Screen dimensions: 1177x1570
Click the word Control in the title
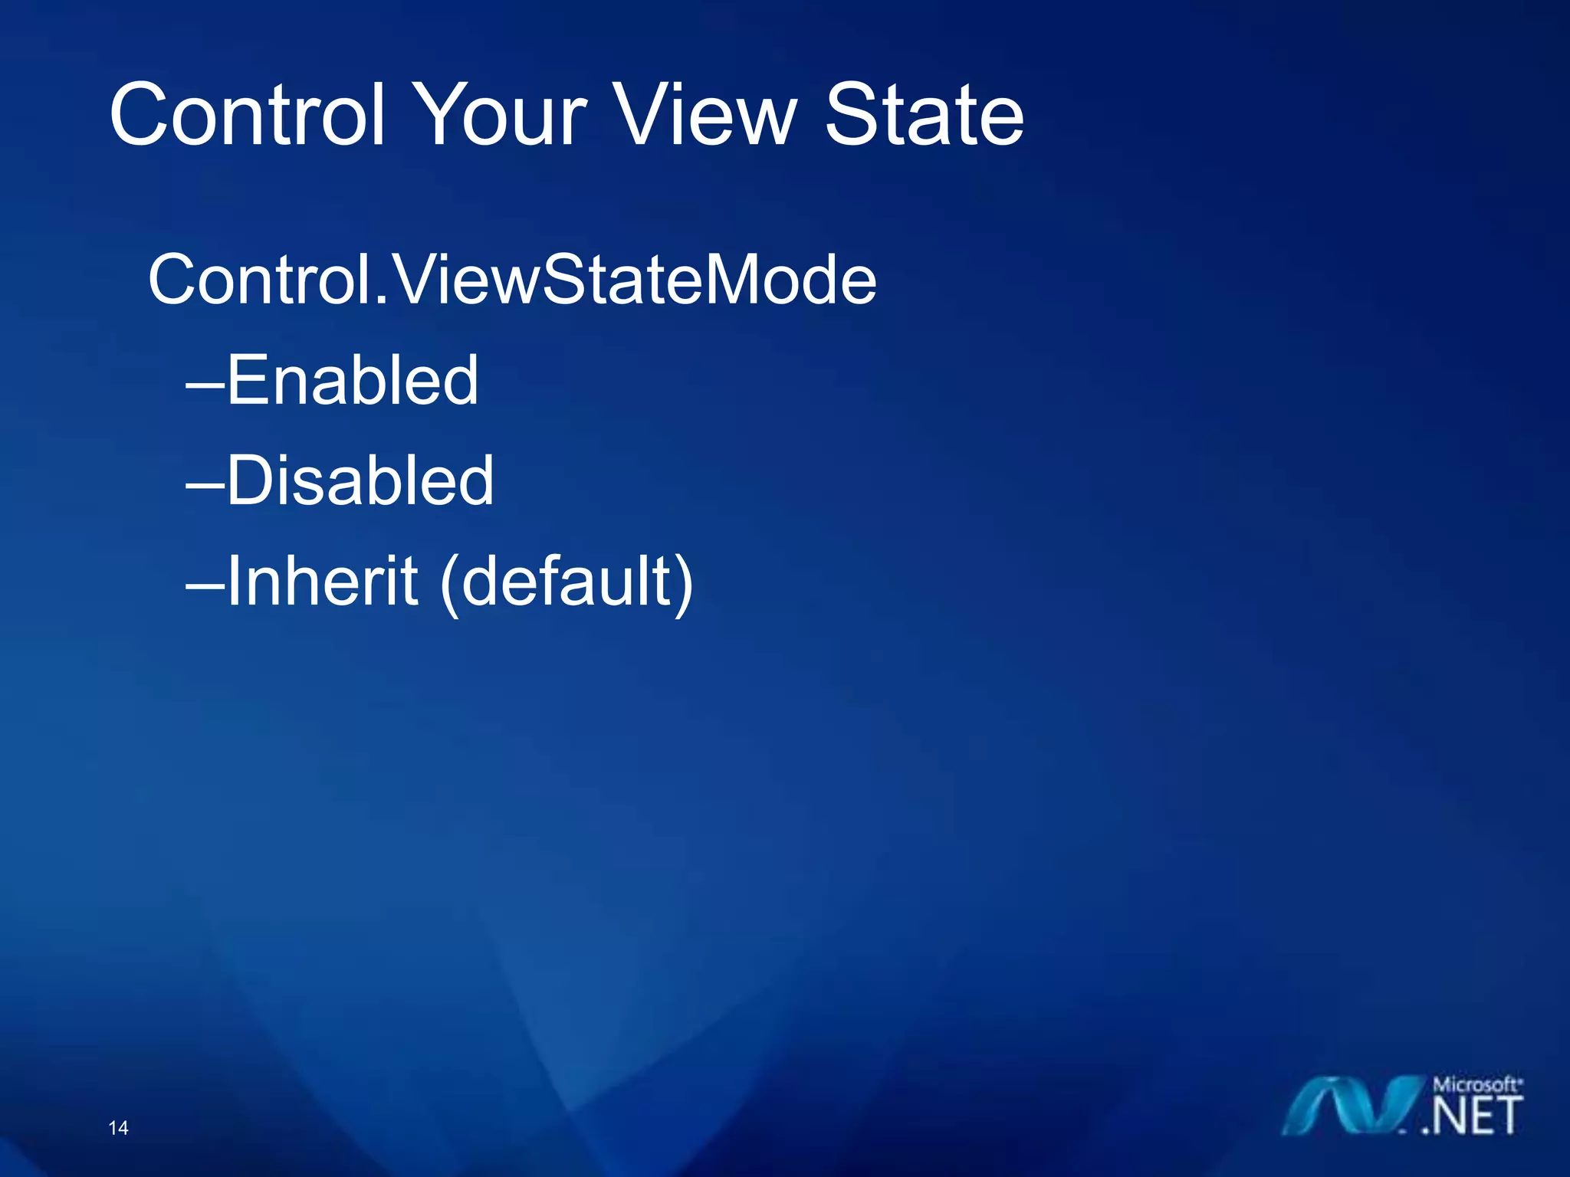[247, 116]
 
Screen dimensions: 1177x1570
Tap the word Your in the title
[502, 116]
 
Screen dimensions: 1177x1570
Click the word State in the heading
[924, 116]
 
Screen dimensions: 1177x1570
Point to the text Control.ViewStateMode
[511, 280]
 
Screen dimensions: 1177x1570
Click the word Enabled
[352, 380]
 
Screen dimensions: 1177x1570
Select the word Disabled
[360, 480]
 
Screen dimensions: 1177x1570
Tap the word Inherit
[322, 581]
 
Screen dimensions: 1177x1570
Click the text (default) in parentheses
[567, 582]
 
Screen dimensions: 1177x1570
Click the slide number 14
[118, 1128]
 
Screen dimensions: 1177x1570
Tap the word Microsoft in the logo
[1476, 1084]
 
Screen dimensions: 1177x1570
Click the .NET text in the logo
[1472, 1116]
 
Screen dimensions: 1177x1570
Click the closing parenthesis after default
[683, 584]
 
